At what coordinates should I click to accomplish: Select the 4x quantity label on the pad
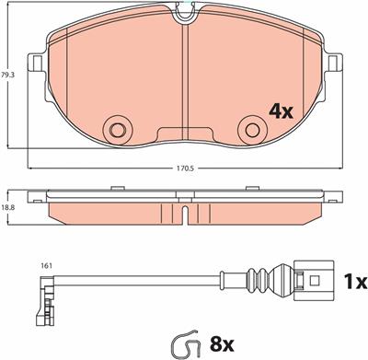click(281, 111)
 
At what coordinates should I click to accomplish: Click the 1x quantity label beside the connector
click(355, 282)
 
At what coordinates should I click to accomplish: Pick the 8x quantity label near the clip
click(222, 344)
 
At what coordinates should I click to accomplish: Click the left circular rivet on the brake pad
click(117, 131)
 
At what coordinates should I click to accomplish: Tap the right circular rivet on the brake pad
click(252, 131)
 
